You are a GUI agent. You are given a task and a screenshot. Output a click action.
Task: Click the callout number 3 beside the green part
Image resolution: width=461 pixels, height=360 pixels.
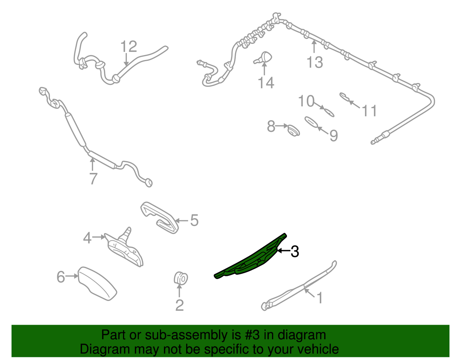click(294, 251)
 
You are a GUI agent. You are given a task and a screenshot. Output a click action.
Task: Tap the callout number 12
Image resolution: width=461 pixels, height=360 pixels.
click(129, 46)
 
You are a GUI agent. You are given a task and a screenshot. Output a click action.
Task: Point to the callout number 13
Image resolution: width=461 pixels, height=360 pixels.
click(315, 62)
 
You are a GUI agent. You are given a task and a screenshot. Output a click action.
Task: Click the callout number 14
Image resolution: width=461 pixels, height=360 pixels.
click(266, 83)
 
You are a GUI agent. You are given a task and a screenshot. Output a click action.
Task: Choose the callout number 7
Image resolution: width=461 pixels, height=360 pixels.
click(93, 178)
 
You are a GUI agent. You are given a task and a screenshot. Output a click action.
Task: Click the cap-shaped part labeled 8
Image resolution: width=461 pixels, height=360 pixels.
click(293, 130)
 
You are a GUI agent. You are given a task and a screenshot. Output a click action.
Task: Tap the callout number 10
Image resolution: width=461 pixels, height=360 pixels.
click(306, 101)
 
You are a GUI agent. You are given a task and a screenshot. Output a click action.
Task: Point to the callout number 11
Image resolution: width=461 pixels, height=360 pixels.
click(369, 111)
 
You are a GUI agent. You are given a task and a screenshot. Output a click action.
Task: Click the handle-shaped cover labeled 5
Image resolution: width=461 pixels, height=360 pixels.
click(159, 217)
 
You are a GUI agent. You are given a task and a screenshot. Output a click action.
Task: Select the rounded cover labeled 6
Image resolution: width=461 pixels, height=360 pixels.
click(97, 284)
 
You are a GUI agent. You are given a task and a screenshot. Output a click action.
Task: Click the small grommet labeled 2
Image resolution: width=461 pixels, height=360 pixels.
click(181, 278)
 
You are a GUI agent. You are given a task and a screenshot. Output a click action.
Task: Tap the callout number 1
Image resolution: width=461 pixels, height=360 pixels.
click(320, 298)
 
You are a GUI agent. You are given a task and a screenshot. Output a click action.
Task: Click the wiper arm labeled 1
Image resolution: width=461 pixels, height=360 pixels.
click(299, 286)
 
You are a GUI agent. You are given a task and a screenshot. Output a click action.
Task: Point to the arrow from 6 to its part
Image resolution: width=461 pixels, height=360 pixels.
click(72, 276)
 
